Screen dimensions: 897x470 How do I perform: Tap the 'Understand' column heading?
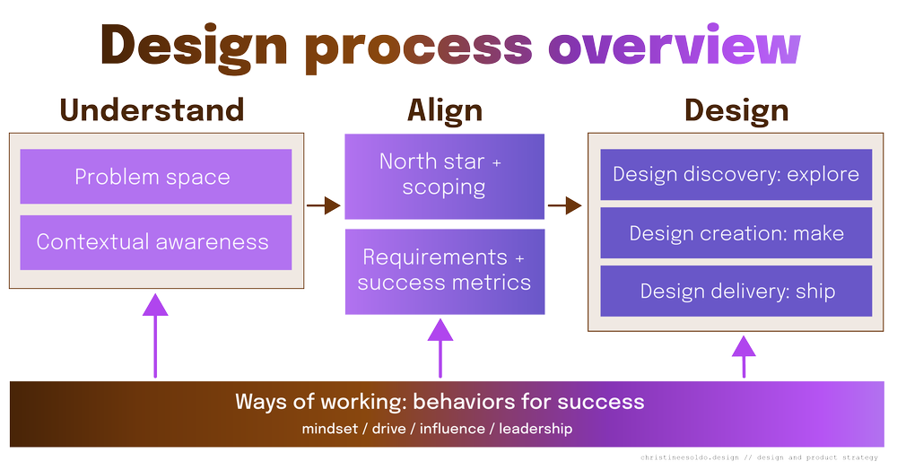point(152,109)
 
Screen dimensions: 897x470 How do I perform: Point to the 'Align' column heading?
point(445,109)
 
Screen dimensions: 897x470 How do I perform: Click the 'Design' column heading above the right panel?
point(736,109)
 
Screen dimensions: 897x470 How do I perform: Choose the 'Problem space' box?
point(152,177)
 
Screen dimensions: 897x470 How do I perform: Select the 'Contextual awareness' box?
point(152,241)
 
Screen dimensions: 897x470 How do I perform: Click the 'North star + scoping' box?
point(445,175)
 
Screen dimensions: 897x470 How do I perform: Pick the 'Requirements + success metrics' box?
point(445,271)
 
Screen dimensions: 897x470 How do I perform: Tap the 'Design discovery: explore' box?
point(736,174)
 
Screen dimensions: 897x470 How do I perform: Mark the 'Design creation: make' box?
point(736,233)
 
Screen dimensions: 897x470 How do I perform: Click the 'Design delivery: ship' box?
point(736,291)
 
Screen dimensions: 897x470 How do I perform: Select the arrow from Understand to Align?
point(324,205)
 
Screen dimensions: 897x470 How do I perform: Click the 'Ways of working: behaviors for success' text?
point(440,401)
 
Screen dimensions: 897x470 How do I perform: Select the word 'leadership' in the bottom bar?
point(536,429)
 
